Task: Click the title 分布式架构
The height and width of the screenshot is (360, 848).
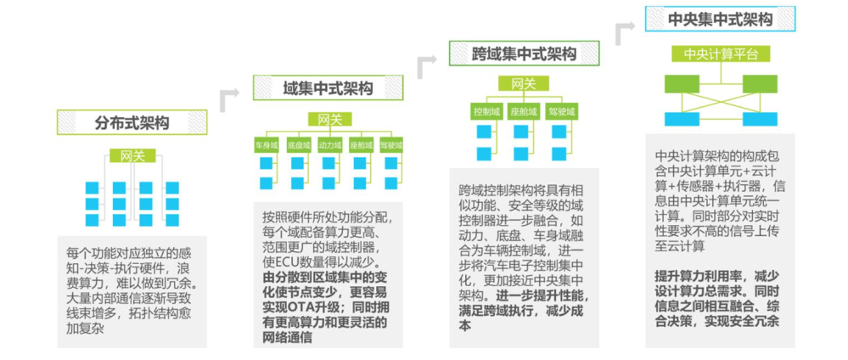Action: pyautogui.click(x=132, y=122)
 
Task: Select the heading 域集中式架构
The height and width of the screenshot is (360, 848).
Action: pyautogui.click(x=328, y=88)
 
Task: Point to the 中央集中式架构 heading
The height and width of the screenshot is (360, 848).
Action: pyautogui.click(x=721, y=19)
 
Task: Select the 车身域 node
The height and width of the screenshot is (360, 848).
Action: pyautogui.click(x=267, y=145)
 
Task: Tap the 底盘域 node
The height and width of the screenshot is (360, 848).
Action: pyautogui.click(x=298, y=145)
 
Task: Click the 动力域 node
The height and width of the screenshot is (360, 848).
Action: pyautogui.click(x=329, y=145)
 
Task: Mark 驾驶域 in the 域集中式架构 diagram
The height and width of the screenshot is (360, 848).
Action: pyautogui.click(x=391, y=145)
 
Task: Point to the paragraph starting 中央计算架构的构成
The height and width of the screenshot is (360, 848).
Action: pyautogui.click(x=720, y=200)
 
